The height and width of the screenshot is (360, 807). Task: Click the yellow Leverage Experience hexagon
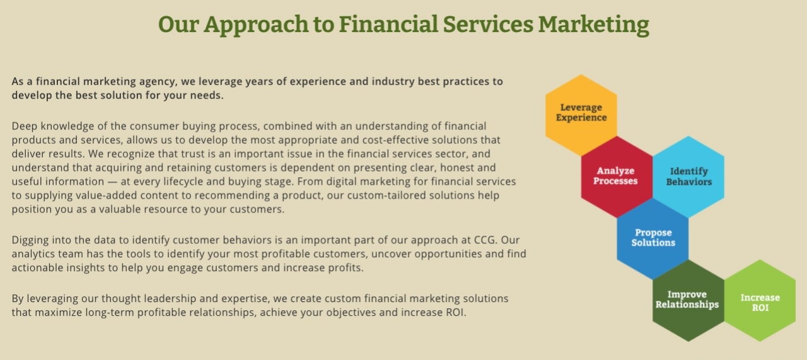[x=581, y=115]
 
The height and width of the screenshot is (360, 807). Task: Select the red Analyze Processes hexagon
[x=617, y=177]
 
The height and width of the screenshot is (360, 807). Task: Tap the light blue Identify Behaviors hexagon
[x=688, y=177]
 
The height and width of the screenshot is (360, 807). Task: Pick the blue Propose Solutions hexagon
[x=653, y=238]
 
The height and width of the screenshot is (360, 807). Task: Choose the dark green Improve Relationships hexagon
[x=688, y=301]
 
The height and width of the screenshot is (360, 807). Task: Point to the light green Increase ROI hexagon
[x=760, y=301]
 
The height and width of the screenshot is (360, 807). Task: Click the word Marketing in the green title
[x=594, y=25]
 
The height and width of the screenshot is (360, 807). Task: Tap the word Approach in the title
[x=256, y=25]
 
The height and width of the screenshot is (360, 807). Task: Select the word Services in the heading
[x=488, y=25]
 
